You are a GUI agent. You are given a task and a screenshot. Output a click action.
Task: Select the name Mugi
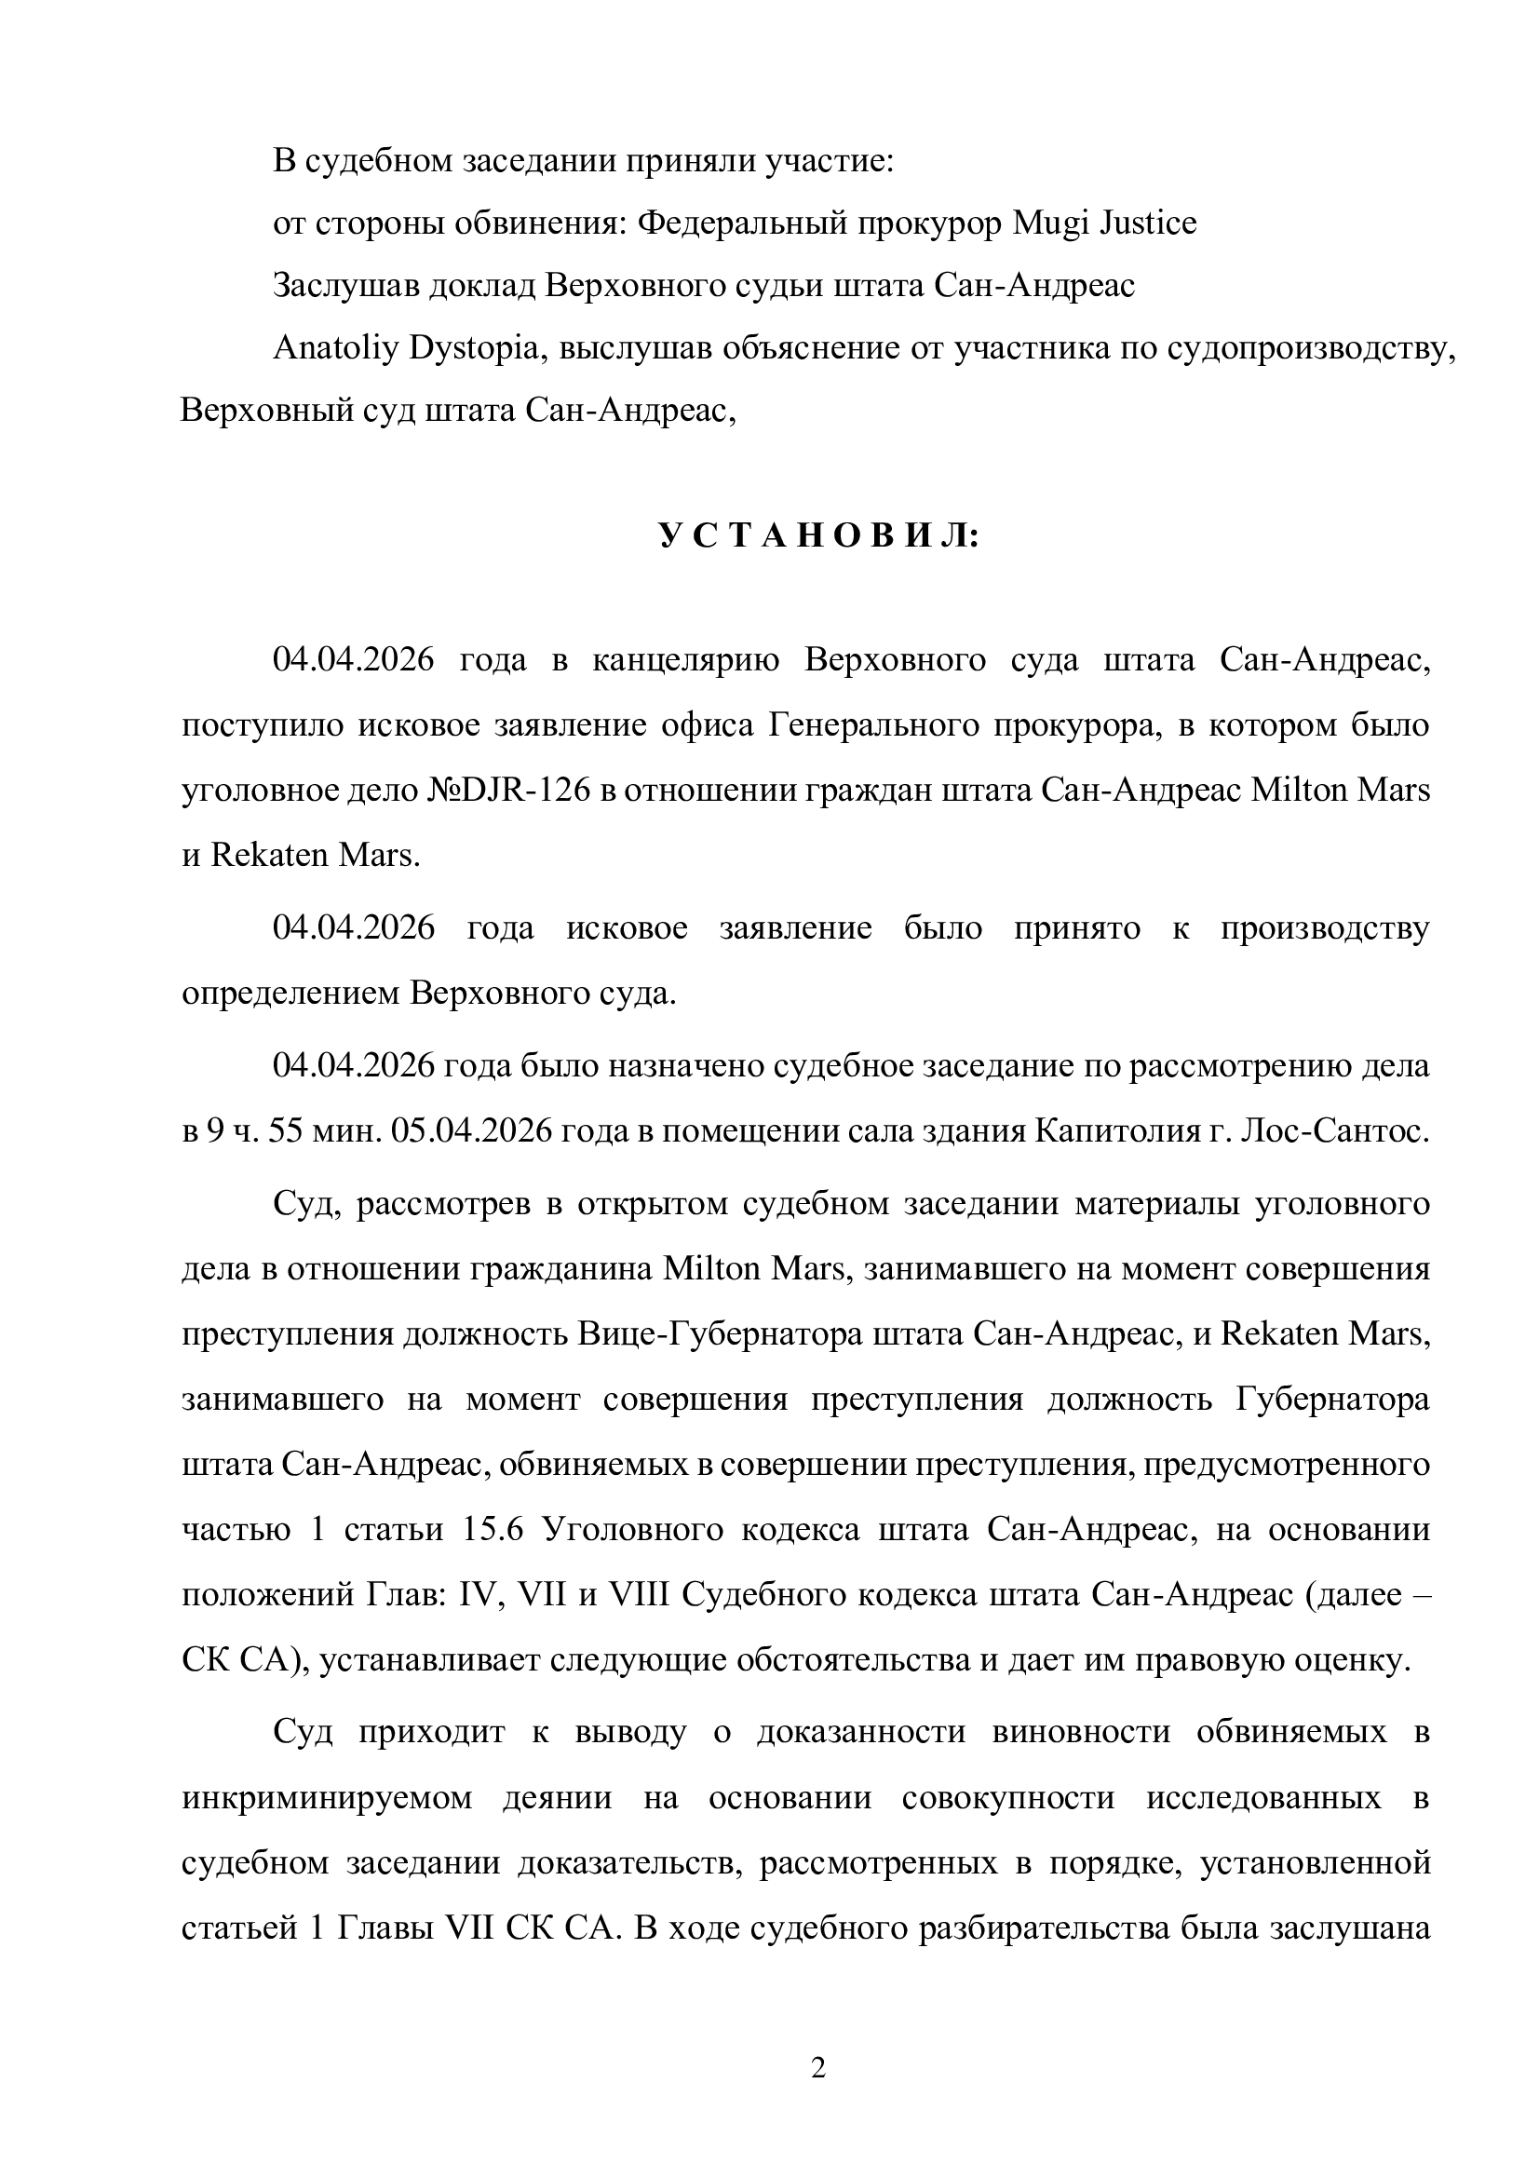coord(1047,223)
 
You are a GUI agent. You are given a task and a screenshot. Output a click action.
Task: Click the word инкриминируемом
coord(327,1797)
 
